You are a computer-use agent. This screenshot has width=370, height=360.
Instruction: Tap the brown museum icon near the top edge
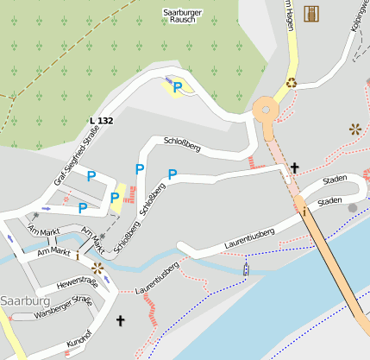310,13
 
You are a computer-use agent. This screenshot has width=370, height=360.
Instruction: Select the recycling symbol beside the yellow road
292,83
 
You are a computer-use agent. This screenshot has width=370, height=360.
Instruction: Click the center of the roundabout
266,110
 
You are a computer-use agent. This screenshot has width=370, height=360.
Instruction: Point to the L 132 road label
101,120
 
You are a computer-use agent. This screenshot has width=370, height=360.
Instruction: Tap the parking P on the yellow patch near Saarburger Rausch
178,86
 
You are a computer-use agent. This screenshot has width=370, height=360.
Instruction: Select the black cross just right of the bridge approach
294,167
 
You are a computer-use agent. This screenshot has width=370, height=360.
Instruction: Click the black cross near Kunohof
120,321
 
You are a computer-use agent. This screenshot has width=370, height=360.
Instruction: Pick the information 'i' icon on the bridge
303,211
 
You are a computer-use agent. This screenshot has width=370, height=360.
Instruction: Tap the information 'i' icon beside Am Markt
78,256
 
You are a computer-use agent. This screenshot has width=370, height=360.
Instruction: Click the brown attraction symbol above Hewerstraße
97,268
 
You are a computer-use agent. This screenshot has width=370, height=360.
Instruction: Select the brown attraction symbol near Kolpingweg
354,129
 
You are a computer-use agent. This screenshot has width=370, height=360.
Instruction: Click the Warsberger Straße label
63,306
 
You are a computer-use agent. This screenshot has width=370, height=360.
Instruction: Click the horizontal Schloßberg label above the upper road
181,143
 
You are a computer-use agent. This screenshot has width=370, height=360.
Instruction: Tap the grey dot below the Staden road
351,208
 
